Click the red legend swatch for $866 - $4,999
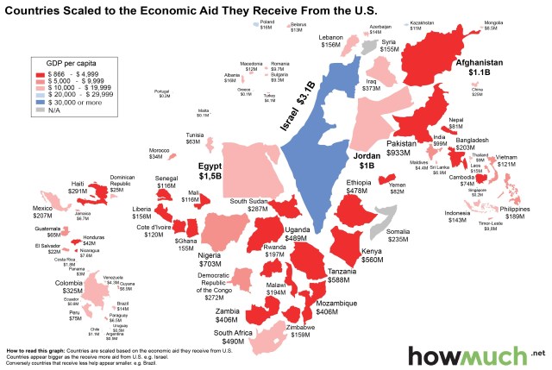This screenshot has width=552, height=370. (39, 74)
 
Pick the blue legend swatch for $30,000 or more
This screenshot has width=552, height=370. (39, 102)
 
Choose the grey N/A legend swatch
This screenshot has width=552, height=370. (39, 110)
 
